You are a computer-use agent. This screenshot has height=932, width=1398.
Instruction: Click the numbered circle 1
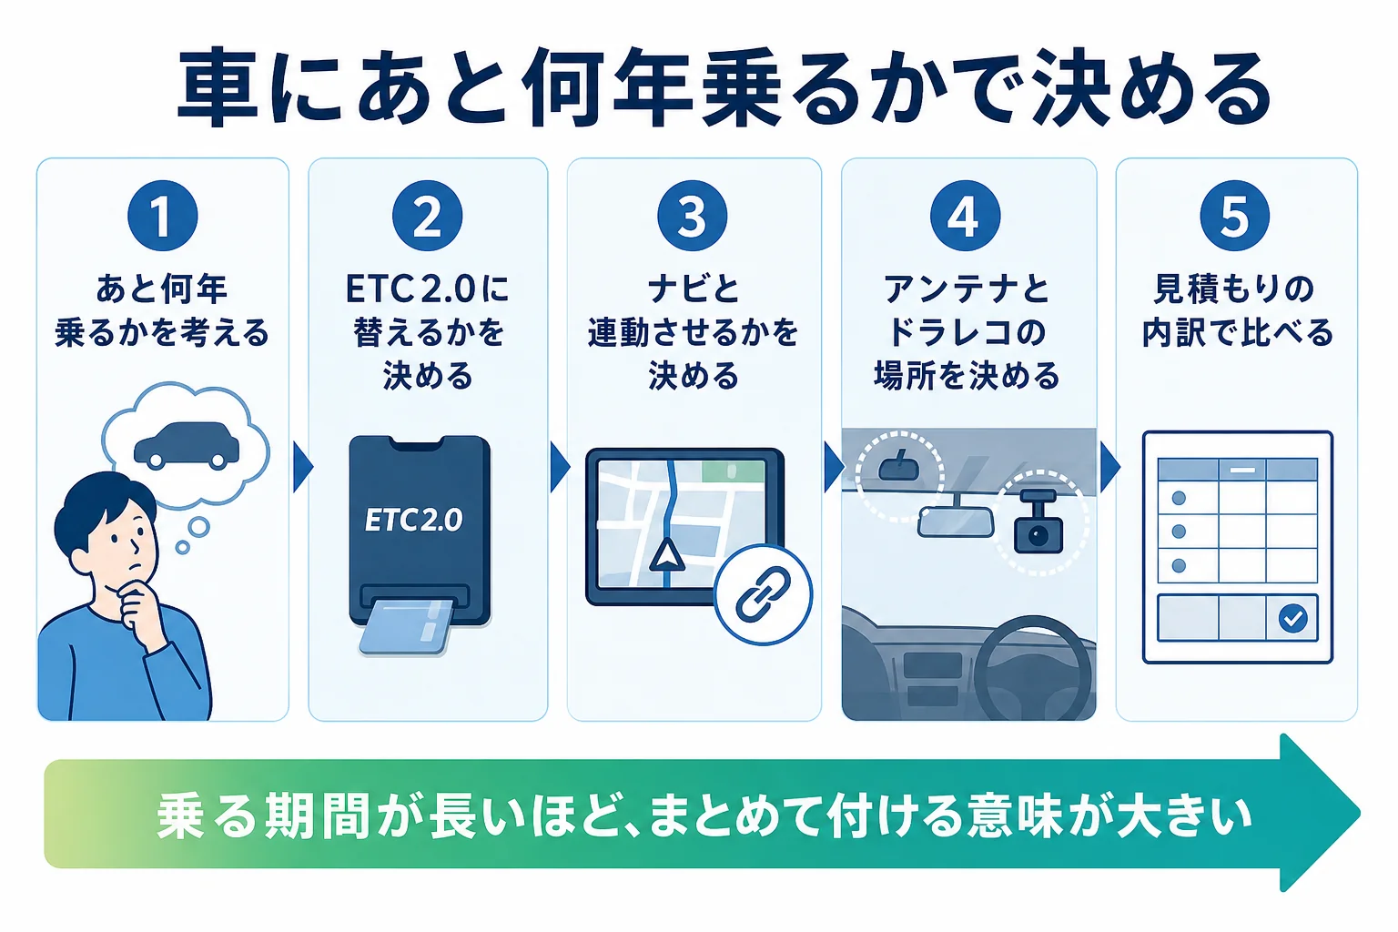[162, 216]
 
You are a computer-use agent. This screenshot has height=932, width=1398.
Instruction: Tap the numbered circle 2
[428, 216]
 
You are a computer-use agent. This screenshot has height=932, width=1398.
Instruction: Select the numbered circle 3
[692, 216]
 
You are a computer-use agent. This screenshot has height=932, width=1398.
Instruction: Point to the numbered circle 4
[965, 216]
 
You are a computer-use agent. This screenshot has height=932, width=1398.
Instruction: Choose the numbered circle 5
[1234, 216]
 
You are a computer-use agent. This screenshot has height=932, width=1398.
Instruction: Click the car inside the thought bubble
[187, 446]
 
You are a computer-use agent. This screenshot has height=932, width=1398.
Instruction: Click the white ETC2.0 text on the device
[413, 520]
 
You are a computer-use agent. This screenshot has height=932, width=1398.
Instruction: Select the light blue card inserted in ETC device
[406, 627]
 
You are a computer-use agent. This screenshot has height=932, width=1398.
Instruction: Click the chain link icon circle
[763, 594]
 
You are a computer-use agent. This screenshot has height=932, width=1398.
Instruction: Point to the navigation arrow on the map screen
[666, 555]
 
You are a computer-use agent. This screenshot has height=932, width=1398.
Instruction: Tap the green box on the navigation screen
[733, 471]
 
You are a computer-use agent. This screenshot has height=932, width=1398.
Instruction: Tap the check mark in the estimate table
[1292, 618]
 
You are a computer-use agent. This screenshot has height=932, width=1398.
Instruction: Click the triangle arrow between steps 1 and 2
[302, 467]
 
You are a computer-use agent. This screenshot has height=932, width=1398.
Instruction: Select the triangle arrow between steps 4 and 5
[1109, 467]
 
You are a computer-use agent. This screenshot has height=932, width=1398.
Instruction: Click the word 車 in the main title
[218, 87]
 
